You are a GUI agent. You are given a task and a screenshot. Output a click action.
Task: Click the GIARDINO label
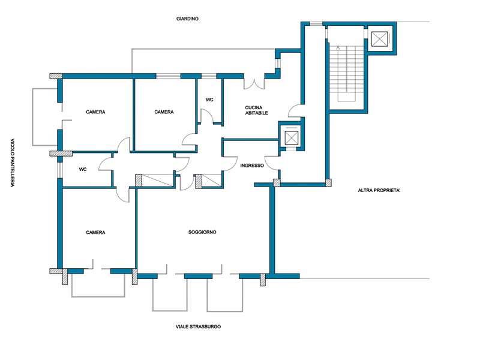click(x=187, y=19)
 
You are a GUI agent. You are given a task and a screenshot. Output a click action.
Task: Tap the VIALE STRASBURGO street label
click(x=198, y=326)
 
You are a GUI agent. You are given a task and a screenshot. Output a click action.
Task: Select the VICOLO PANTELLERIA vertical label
click(x=13, y=163)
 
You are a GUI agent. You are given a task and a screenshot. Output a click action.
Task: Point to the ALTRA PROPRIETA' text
click(x=379, y=190)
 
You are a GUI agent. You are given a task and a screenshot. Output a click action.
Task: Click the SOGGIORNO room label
click(x=202, y=232)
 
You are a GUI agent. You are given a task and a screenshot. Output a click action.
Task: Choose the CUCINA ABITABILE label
click(x=257, y=110)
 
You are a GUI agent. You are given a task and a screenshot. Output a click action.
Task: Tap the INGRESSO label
click(x=252, y=166)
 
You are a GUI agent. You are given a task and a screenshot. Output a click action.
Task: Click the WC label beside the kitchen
click(x=209, y=100)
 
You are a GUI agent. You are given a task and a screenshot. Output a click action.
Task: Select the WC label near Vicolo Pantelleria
click(x=83, y=169)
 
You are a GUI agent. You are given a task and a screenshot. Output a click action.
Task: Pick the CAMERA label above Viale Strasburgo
click(x=95, y=233)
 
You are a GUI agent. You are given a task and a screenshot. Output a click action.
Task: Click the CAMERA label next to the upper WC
click(x=164, y=112)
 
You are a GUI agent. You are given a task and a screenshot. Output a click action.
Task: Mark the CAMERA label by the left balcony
click(x=95, y=112)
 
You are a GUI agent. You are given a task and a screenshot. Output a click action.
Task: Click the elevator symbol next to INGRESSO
click(x=291, y=137)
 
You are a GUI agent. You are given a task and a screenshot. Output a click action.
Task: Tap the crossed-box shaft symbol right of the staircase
click(x=380, y=39)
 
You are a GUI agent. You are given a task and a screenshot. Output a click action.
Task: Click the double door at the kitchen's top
click(x=254, y=84)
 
